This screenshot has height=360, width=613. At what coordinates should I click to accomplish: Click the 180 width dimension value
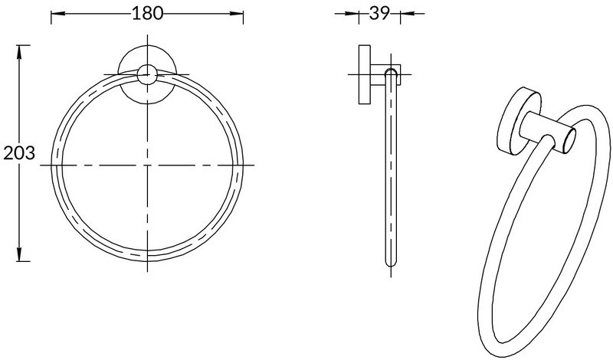[147, 13]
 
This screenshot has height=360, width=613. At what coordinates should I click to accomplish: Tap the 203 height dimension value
[19, 153]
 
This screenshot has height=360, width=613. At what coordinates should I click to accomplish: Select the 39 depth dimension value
[379, 14]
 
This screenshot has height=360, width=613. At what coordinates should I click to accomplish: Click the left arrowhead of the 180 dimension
[57, 14]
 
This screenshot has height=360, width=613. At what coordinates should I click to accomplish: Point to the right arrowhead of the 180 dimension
[238, 14]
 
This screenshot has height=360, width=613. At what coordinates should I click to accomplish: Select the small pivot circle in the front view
[147, 74]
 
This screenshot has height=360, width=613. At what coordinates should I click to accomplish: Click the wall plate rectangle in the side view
[365, 74]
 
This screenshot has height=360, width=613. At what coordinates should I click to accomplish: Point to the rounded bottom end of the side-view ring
[391, 263]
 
